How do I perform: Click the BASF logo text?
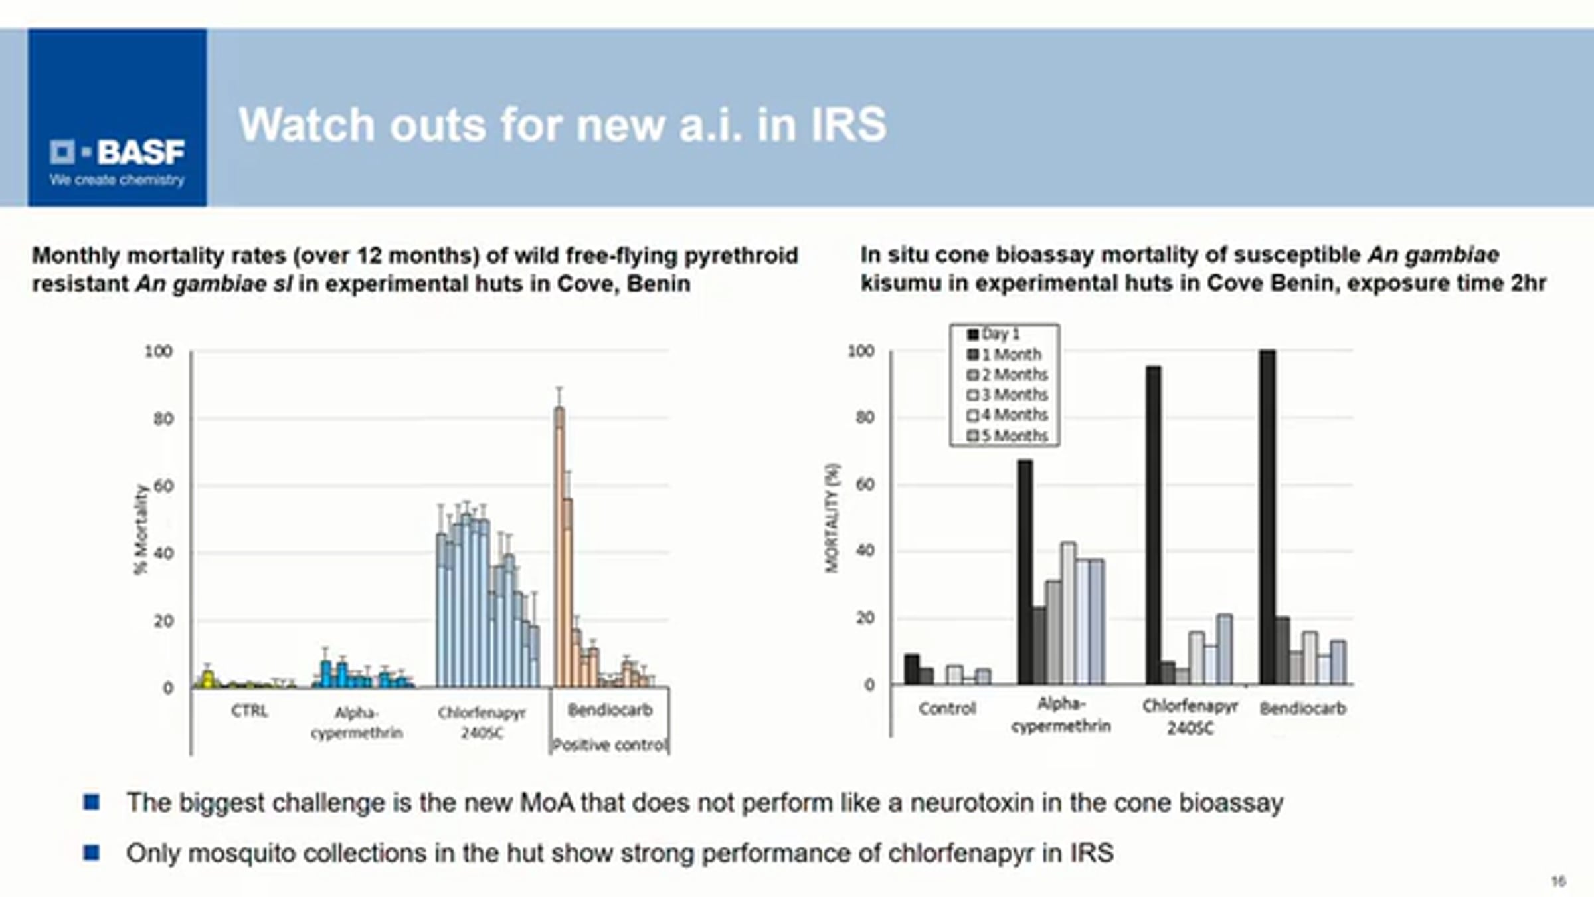pos(141,153)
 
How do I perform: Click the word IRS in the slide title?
pos(848,125)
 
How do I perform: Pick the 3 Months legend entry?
pos(1008,395)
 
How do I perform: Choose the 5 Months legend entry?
pos(1008,436)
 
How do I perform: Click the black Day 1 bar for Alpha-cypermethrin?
pos(1025,571)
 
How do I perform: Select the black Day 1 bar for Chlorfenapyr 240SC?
pos(1154,525)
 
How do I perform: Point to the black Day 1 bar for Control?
pos(912,669)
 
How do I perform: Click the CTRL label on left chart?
pos(250,711)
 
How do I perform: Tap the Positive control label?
pos(609,745)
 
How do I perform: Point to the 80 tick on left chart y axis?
pos(163,419)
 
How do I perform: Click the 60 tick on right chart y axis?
pos(865,484)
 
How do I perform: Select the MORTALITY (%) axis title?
pos(832,518)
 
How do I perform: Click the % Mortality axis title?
pos(141,530)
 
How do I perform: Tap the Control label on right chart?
pos(947,708)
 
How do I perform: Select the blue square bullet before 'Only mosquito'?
pos(92,852)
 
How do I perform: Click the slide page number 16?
pos(1558,881)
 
